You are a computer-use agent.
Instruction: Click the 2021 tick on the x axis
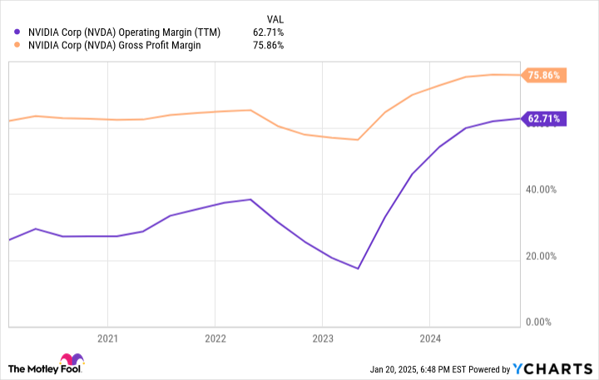click(107, 339)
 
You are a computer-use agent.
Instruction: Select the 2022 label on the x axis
click(215, 339)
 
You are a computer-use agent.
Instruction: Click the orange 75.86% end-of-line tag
click(544, 75)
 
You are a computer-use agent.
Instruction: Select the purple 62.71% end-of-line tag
click(544, 118)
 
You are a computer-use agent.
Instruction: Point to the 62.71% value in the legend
click(268, 32)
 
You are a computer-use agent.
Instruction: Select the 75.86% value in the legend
click(268, 45)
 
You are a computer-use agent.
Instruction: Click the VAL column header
click(275, 17)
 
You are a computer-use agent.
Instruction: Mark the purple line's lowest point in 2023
click(358, 268)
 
